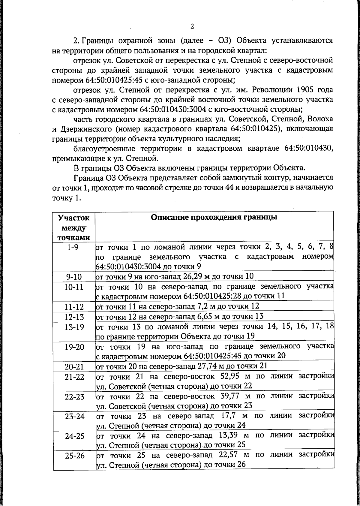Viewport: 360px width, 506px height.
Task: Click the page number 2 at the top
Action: pyautogui.click(x=192, y=26)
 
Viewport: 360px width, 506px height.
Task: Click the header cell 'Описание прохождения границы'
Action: pyautogui.click(x=214, y=217)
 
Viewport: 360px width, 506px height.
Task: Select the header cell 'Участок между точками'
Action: pyautogui.click(x=74, y=227)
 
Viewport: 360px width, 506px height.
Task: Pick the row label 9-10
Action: pyautogui.click(x=74, y=276)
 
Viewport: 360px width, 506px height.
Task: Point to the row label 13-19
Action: pyautogui.click(x=74, y=327)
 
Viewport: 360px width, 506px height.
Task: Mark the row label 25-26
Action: pyautogui.click(x=74, y=456)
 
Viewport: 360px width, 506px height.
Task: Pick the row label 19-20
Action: pyautogui.click(x=74, y=347)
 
